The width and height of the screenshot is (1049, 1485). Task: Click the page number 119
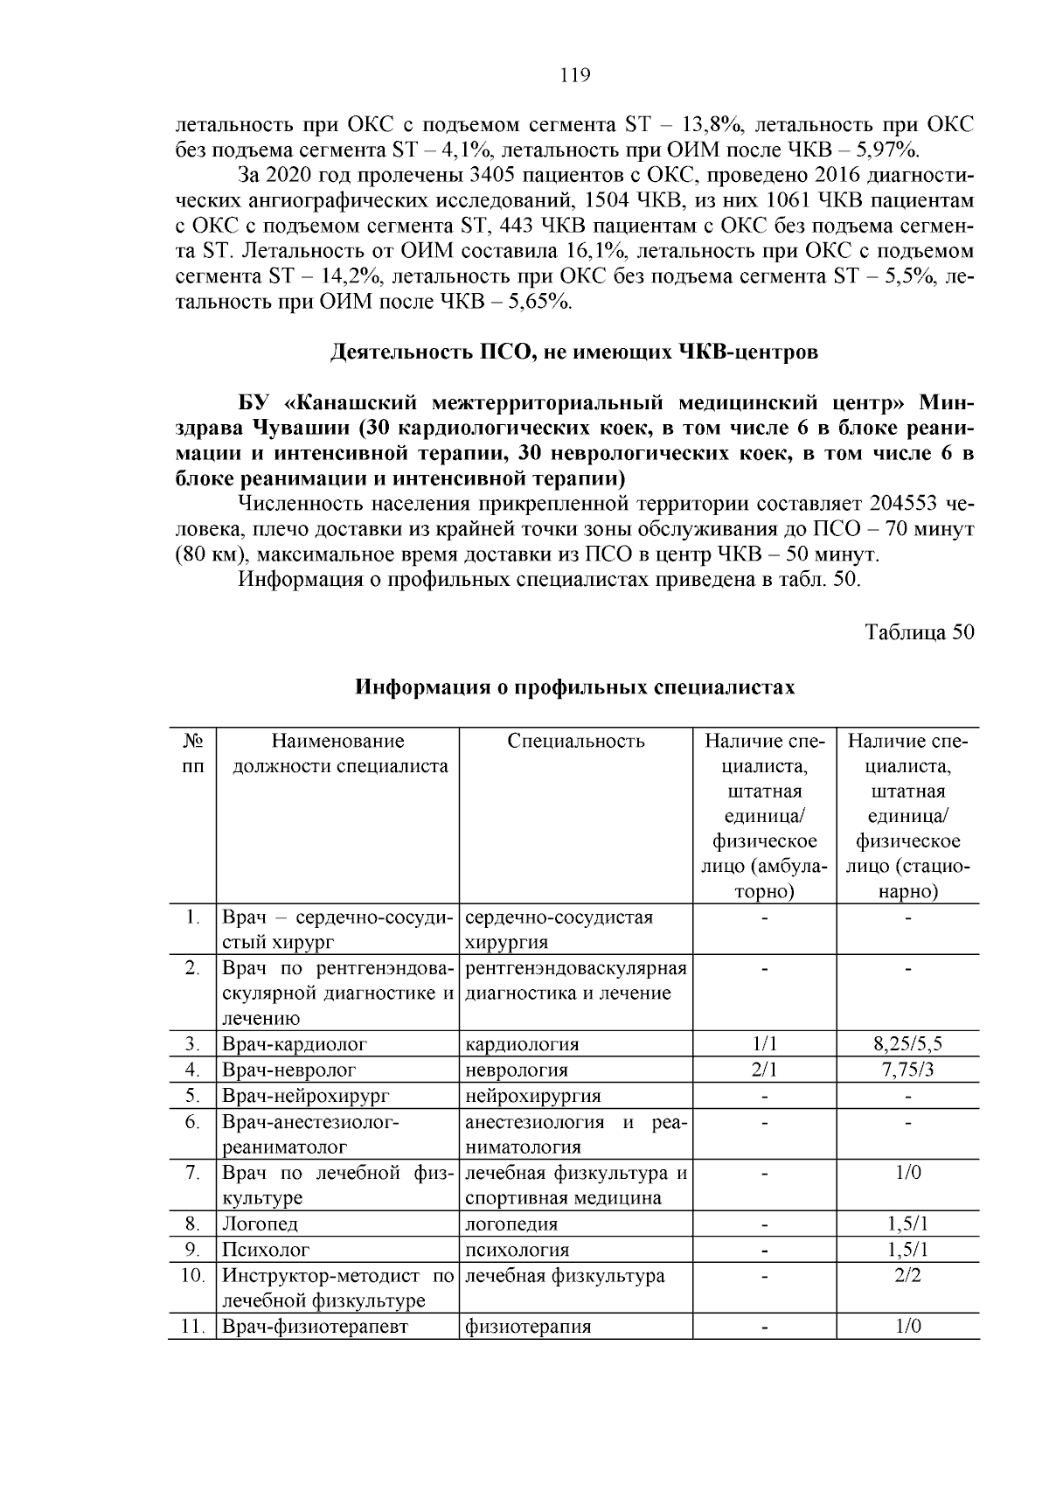574,75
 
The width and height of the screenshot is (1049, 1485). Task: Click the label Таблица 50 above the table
919,632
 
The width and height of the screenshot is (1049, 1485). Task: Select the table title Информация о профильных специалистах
574,687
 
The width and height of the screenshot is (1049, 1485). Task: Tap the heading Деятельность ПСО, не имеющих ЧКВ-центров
574,352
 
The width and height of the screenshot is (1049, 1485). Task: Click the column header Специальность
576,742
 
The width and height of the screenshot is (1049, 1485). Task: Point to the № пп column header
192,754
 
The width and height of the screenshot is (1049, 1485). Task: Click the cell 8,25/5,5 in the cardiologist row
907,1044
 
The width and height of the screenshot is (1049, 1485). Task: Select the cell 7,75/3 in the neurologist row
907,1070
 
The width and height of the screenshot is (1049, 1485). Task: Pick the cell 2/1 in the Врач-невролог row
764,1070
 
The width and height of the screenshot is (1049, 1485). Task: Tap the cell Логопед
260,1224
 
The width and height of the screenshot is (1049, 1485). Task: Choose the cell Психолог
266,1250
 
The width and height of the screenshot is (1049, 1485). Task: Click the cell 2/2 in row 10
907,1276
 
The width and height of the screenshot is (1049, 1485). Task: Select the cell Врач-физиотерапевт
316,1327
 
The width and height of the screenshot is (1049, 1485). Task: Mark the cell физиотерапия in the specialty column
527,1327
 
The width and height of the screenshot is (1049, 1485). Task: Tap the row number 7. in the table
193,1173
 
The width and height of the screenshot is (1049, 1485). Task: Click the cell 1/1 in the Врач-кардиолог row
764,1044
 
